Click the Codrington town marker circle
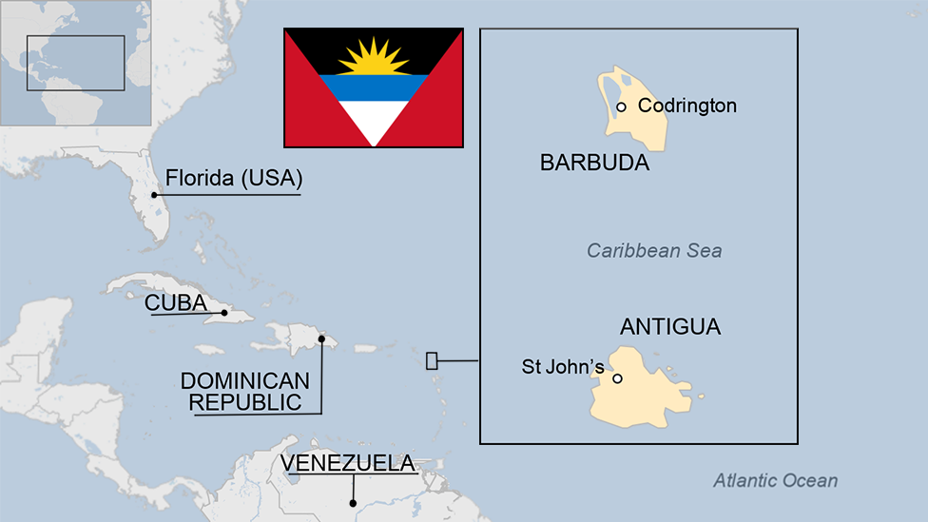pos(621,106)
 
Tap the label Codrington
pos(686,106)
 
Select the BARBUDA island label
pos(594,163)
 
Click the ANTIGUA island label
pos(670,327)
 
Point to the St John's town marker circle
pos(617,378)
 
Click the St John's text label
pos(563,366)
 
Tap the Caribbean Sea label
pos(654,251)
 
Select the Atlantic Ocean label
pos(776,480)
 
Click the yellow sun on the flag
pos(373,59)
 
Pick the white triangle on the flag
pos(374,120)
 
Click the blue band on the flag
pos(374,87)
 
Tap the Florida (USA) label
pos(233,178)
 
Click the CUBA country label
pos(176,302)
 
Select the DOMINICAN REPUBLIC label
pos(245,391)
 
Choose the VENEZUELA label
pos(347,463)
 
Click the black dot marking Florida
pos(154,195)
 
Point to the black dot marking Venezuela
pos(353,503)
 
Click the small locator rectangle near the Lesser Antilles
pos(432,360)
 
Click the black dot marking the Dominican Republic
pos(321,338)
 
